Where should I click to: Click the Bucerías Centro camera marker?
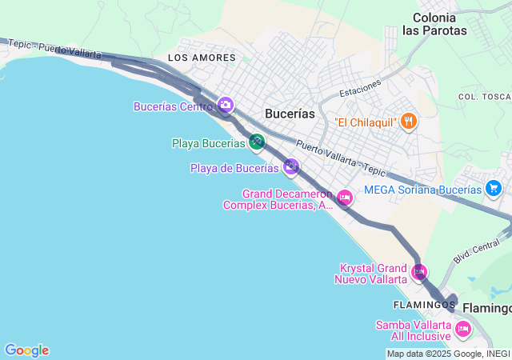[225, 105]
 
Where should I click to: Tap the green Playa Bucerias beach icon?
[256, 142]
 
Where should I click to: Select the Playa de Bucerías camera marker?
[291, 166]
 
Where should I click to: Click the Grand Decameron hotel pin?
[345, 197]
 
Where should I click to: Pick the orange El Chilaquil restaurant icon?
[409, 122]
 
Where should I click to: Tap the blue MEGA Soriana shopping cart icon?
[494, 189]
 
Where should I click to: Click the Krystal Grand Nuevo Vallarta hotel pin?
[418, 273]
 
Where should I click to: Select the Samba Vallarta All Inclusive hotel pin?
[462, 329]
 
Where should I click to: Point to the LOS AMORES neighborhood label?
[202, 58]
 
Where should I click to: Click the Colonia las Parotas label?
[434, 24]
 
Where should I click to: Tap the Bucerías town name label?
[290, 114]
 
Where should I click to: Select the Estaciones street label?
[360, 87]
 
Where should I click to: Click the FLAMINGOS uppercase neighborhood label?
[424, 306]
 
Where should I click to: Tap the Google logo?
[26, 350]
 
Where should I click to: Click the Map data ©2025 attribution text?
[448, 354]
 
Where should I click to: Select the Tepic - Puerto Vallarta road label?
[56, 50]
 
